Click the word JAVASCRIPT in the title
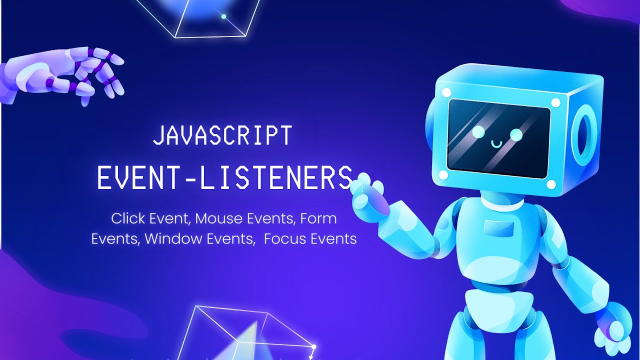pos(222,135)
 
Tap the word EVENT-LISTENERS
pos(225,177)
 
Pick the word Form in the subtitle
pos(319,219)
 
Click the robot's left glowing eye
pos(478,131)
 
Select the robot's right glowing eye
pos(516,134)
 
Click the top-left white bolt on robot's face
pos(446,92)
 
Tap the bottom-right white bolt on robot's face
pos(551,184)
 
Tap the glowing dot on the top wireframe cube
pos(223,16)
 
